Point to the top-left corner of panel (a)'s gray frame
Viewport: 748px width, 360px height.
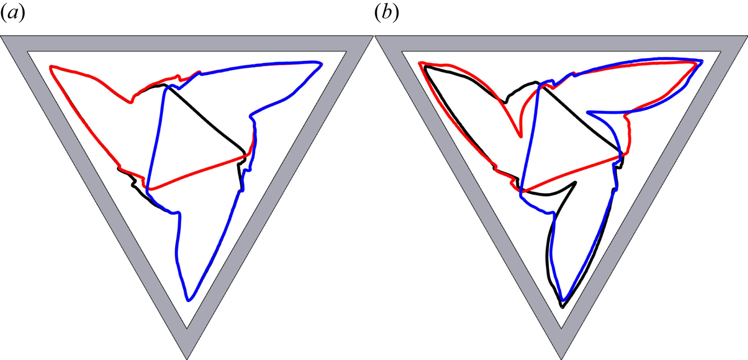(x=3, y=38)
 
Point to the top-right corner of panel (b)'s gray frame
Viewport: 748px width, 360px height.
(x=745, y=38)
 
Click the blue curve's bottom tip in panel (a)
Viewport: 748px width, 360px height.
(x=189, y=300)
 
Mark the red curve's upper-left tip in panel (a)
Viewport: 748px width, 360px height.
(x=51, y=67)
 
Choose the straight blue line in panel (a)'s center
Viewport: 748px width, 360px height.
(x=156, y=138)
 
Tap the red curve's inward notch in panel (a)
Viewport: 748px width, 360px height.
(x=131, y=102)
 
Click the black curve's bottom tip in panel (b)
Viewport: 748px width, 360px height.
(x=562, y=307)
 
